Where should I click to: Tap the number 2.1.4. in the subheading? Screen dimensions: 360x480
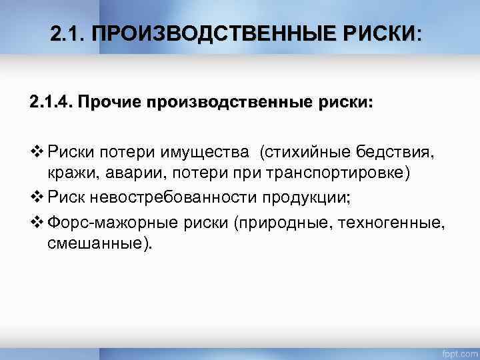click(52, 103)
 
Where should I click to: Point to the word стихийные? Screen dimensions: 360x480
click(307, 154)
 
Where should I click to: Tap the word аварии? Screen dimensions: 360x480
click(129, 173)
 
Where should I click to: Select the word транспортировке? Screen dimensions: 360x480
click(339, 173)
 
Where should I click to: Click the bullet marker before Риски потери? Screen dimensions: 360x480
click(36, 154)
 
